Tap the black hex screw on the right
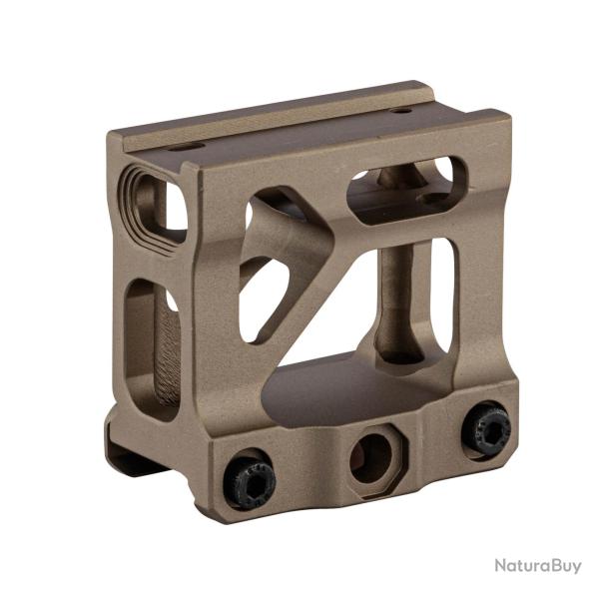485,432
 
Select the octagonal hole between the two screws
370,459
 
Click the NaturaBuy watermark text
538,566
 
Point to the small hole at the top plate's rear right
400,111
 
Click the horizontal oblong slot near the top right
406,190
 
